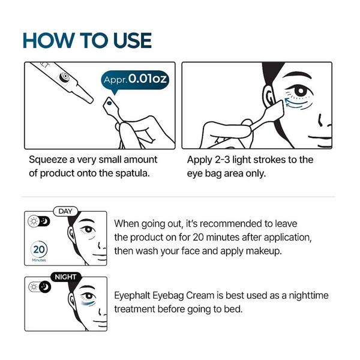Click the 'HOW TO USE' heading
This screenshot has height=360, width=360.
tap(87, 40)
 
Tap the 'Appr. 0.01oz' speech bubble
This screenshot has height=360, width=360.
tap(135, 80)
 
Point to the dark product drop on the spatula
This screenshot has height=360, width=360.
tap(110, 103)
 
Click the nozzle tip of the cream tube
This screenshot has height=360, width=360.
tap(91, 100)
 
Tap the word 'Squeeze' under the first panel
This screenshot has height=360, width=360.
tap(48, 160)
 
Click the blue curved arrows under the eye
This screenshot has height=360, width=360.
tap(296, 103)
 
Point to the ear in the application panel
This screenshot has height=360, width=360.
tap(269, 97)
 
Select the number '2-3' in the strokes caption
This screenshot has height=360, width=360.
tap(222, 160)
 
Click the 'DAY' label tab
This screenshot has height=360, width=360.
tap(65, 211)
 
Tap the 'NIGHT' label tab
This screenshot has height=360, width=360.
tap(65, 277)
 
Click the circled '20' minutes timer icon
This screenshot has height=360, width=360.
tap(39, 250)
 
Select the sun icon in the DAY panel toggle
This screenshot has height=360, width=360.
tap(34, 221)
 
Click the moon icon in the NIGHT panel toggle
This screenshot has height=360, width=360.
tap(45, 287)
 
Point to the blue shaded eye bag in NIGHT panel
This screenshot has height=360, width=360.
tap(88, 303)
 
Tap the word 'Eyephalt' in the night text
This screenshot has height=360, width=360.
tap(132, 295)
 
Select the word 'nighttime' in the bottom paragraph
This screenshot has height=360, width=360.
tap(308, 295)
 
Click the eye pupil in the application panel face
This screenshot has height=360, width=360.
tap(301, 89)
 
